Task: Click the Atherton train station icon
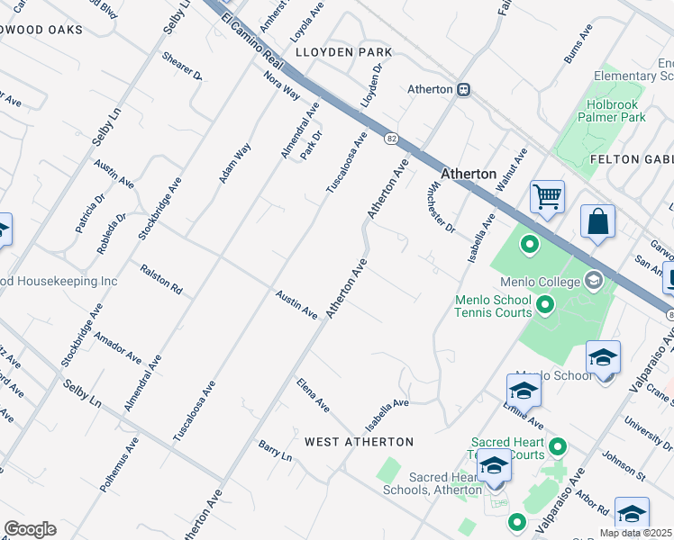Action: tap(464, 90)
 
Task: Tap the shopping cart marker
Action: tap(547, 196)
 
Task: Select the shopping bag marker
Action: tap(597, 221)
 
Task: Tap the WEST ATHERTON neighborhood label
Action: tap(359, 442)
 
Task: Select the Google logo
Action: tap(30, 528)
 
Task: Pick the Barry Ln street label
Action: tap(276, 451)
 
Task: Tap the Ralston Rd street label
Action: tap(162, 280)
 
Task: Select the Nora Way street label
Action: tap(282, 86)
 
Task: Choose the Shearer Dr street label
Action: tap(182, 66)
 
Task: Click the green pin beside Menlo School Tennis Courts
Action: tap(544, 307)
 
